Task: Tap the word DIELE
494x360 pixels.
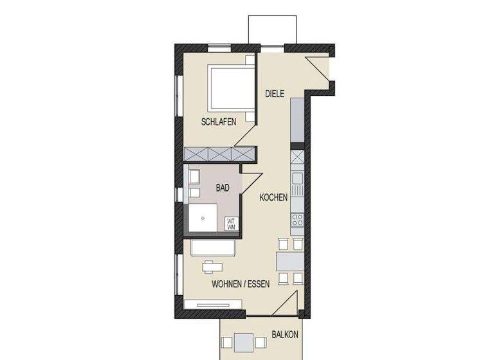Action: point(275,94)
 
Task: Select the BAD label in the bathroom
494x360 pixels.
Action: point(223,188)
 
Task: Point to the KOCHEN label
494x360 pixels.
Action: point(273,198)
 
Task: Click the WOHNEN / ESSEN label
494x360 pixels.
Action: point(241,282)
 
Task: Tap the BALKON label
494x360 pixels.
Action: point(284,335)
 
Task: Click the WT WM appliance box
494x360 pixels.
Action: point(230,224)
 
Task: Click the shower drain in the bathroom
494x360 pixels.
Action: point(203,217)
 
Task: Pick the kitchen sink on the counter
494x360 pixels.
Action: point(298,184)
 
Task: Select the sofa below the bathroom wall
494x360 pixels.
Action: point(213,247)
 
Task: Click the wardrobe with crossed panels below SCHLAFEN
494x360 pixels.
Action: point(219,154)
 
